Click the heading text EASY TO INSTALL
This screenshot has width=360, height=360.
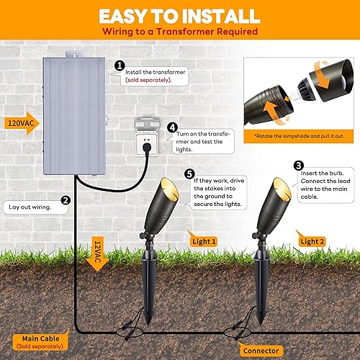(x=180, y=16)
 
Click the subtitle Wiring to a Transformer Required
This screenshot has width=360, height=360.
(x=180, y=33)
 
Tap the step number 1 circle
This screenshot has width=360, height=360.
(x=120, y=65)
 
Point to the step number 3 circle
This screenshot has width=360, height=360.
(x=298, y=165)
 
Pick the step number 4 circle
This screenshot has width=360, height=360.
(x=172, y=128)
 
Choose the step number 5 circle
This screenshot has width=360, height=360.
(x=189, y=174)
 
